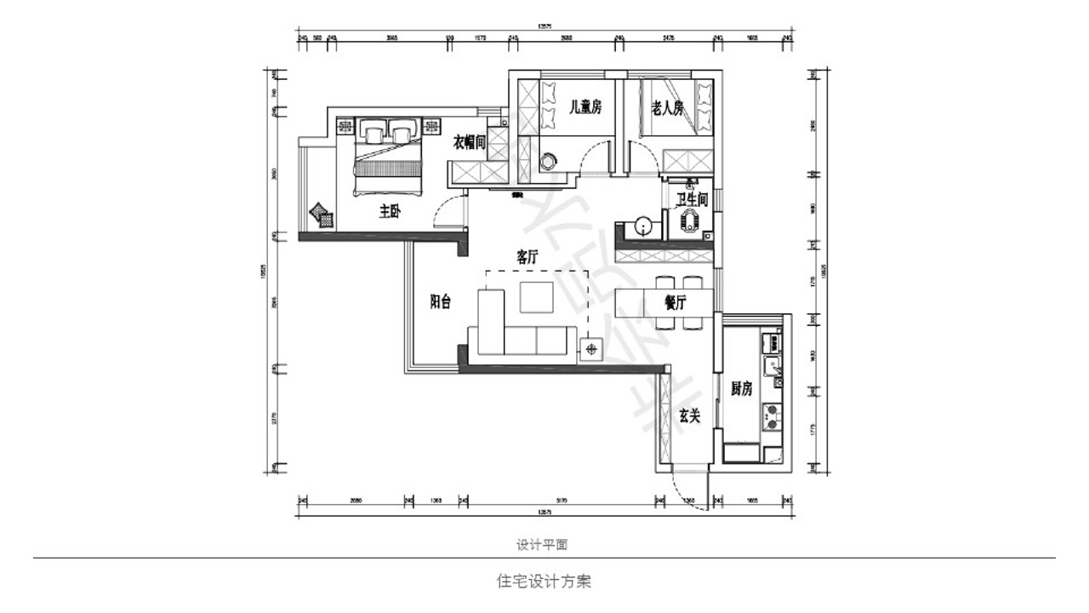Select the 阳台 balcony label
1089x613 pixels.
coord(440,301)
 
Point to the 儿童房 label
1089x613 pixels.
coord(585,107)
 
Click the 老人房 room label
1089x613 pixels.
coord(668,107)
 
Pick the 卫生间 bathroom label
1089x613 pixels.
coord(691,198)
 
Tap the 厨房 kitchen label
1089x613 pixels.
coord(741,389)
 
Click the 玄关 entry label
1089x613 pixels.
coord(689,416)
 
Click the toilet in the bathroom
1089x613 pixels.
coord(688,221)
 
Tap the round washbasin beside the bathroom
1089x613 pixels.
coord(643,226)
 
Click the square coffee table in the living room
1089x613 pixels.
coord(538,299)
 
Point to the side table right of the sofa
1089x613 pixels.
coord(591,348)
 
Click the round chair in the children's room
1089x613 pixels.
coord(549,159)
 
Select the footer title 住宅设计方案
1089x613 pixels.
coord(544,582)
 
